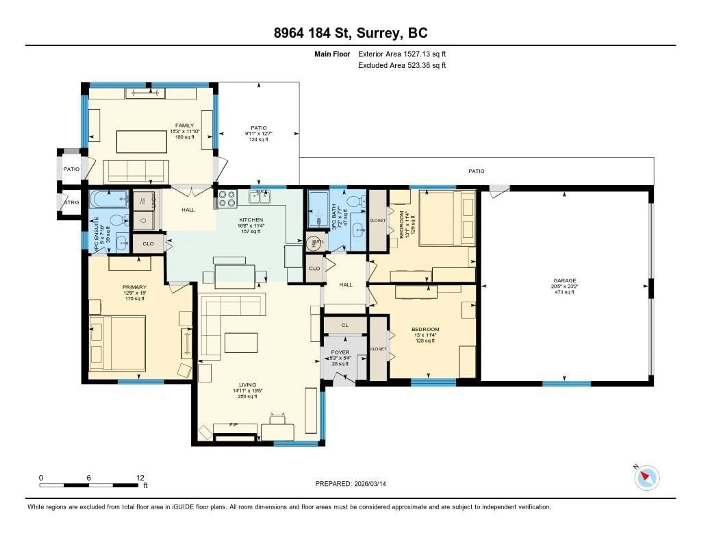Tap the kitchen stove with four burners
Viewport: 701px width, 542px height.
(227, 199)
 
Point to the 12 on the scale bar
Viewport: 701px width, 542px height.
(140, 478)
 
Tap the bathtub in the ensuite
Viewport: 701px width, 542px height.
(108, 199)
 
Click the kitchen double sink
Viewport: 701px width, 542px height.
(259, 197)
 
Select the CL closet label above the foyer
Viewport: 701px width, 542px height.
(345, 325)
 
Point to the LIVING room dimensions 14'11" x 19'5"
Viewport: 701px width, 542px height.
(248, 391)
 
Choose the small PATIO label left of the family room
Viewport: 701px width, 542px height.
(71, 169)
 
